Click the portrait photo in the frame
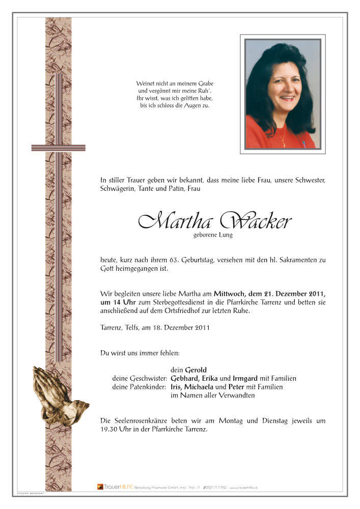[283, 95]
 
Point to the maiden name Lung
[225, 235]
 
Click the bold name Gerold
[196, 370]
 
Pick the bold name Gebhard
[184, 379]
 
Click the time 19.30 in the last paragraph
[110, 430]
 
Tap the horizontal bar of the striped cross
[51, 148]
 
